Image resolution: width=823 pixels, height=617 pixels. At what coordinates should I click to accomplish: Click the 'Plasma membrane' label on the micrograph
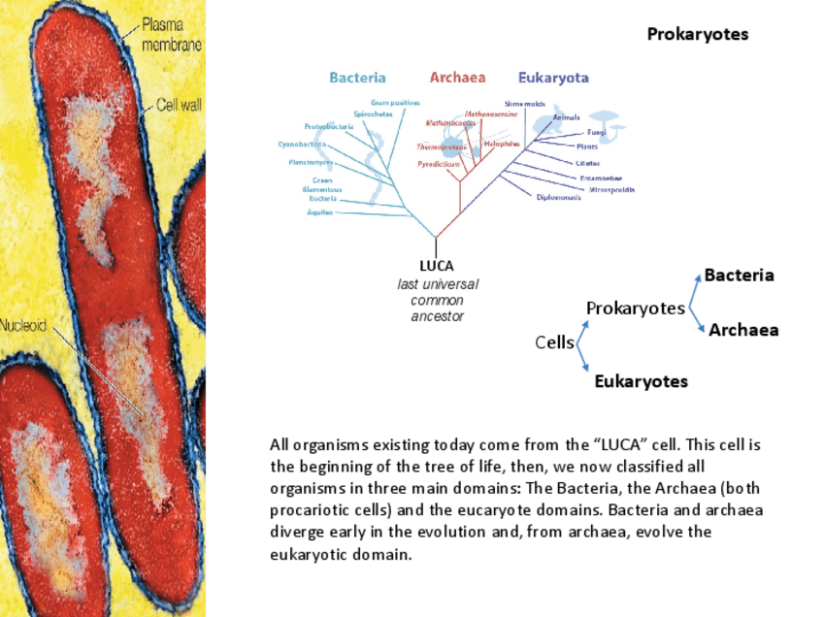172,34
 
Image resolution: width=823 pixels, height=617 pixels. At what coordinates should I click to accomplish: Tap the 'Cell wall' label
179,105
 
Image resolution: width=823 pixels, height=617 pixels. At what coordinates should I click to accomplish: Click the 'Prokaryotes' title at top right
698,35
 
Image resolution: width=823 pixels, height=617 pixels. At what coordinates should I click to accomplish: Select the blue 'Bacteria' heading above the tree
357,78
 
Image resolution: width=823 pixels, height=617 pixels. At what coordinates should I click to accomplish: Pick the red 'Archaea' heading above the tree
457,78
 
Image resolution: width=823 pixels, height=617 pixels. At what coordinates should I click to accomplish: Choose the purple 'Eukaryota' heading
553,78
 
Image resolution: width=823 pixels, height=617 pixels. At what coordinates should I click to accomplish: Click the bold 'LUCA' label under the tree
437,265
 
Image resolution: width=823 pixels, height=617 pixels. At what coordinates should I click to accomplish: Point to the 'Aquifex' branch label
320,211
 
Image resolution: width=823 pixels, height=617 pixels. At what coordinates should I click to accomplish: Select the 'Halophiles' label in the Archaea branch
502,144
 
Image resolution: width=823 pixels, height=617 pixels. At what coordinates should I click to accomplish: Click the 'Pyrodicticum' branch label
438,165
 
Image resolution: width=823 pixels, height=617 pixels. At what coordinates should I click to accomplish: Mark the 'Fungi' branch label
597,132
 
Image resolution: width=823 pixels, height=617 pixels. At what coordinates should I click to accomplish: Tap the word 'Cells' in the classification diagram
554,342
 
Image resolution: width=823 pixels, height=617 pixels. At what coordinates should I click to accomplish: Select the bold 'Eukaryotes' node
641,381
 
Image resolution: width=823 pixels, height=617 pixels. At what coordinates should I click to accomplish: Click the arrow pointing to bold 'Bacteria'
694,288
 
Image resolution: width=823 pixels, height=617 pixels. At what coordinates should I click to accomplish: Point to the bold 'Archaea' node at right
743,330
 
